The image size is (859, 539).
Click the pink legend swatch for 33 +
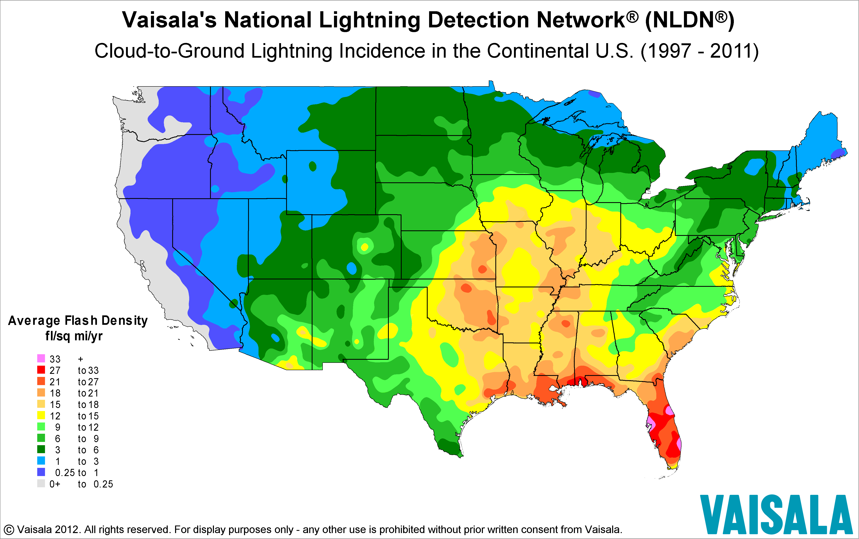pyautogui.click(x=41, y=358)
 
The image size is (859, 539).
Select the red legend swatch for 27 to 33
pyautogui.click(x=41, y=370)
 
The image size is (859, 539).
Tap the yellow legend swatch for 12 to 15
pyautogui.click(x=41, y=415)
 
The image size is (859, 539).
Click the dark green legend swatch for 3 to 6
pyautogui.click(x=41, y=449)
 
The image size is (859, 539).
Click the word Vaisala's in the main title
pyautogui.click(x=169, y=20)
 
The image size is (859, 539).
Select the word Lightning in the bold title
pyautogui.click(x=370, y=20)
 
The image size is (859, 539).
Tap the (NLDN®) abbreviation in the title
pyautogui.click(x=689, y=20)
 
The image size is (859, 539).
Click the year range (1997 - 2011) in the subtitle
pyautogui.click(x=699, y=51)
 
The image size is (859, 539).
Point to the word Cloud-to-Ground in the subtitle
pyautogui.click(x=169, y=51)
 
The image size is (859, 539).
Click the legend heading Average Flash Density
pyautogui.click(x=78, y=320)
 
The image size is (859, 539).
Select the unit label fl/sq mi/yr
pyautogui.click(x=74, y=336)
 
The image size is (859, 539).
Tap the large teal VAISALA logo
pyautogui.click(x=776, y=514)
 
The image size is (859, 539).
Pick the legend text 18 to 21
pyautogui.click(x=74, y=393)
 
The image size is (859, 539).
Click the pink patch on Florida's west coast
pyautogui.click(x=650, y=424)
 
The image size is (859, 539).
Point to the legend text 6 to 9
pyautogui.click(x=74, y=438)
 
